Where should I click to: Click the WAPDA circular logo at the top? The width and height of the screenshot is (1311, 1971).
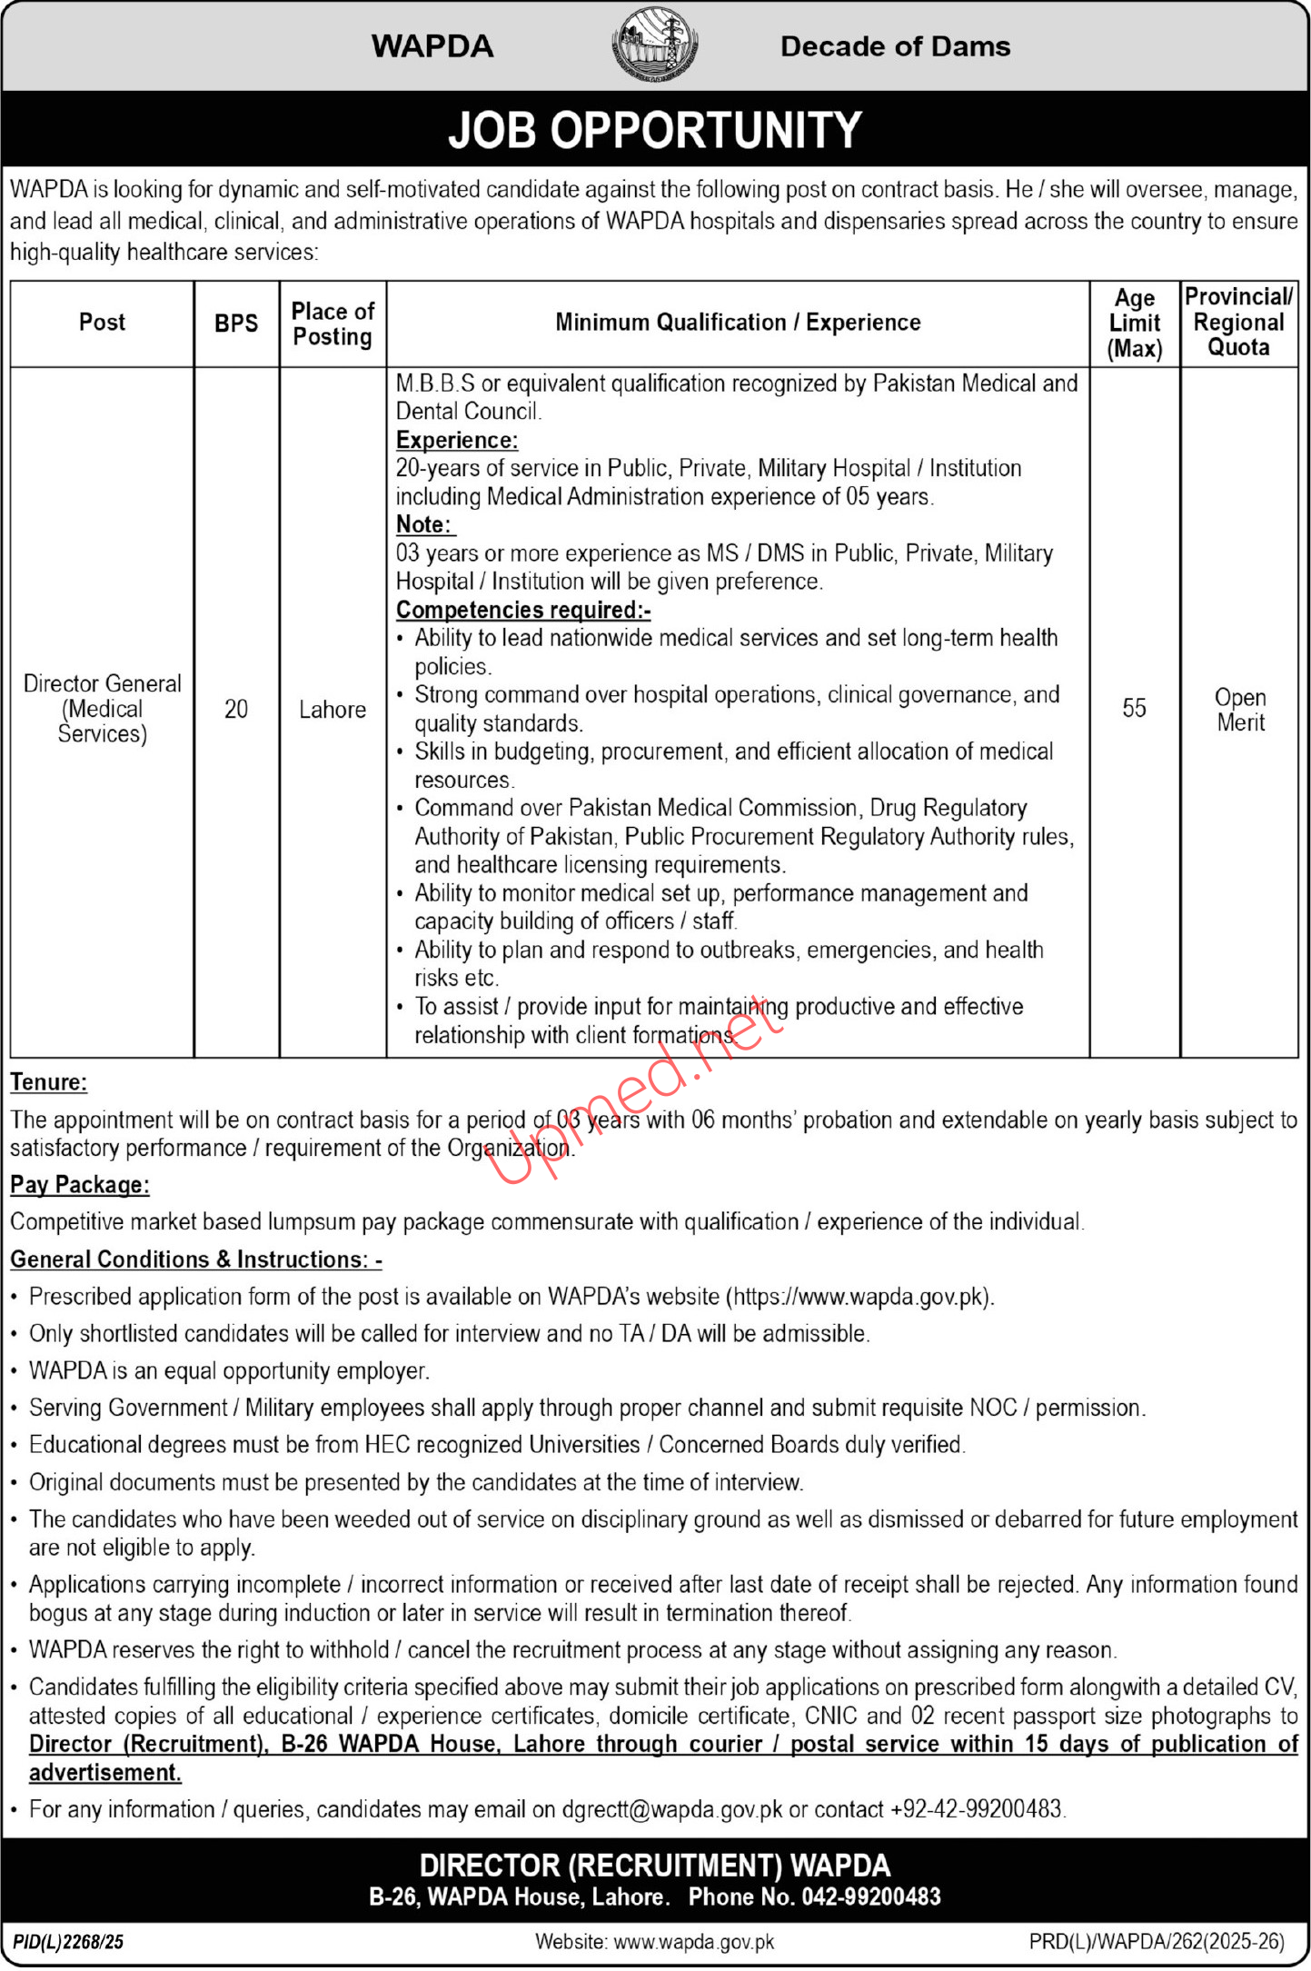point(654,45)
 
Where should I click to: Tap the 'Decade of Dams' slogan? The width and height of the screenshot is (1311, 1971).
point(895,46)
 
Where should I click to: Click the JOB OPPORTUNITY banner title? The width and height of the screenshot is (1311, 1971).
point(654,130)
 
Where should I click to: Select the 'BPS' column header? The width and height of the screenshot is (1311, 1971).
point(236,324)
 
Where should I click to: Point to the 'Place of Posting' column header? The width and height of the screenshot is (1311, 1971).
point(333,324)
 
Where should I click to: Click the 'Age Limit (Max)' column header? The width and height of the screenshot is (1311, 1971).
point(1135,324)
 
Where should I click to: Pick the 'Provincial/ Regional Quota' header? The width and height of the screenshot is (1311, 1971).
point(1239,322)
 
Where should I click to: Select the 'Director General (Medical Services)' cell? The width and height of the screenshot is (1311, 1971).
point(102,709)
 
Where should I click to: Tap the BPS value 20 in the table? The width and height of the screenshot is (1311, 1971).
point(236,710)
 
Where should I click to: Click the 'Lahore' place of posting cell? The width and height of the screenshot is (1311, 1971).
point(333,710)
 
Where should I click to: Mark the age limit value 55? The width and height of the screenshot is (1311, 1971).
point(1134,709)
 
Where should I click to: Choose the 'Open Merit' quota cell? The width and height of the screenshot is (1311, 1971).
point(1240,710)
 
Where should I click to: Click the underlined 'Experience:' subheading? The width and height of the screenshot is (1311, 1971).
point(457,441)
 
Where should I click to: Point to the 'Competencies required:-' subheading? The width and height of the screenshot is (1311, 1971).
point(523,610)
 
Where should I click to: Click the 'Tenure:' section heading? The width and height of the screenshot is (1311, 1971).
point(49,1082)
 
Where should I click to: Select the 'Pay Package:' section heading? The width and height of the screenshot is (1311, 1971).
point(80,1185)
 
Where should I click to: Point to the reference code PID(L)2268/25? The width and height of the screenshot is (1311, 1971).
point(69,1942)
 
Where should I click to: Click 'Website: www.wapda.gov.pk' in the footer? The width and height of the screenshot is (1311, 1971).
point(654,1942)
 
